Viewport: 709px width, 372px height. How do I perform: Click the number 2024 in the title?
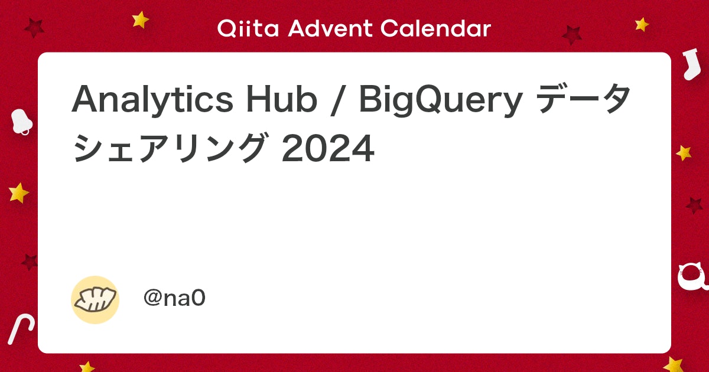click(x=328, y=150)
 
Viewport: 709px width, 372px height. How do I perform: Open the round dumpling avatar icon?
click(x=95, y=299)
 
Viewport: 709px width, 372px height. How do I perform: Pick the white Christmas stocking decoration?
click(x=690, y=65)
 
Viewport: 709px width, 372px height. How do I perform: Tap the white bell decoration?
click(x=21, y=121)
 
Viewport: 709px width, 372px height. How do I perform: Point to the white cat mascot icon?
click(x=692, y=277)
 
